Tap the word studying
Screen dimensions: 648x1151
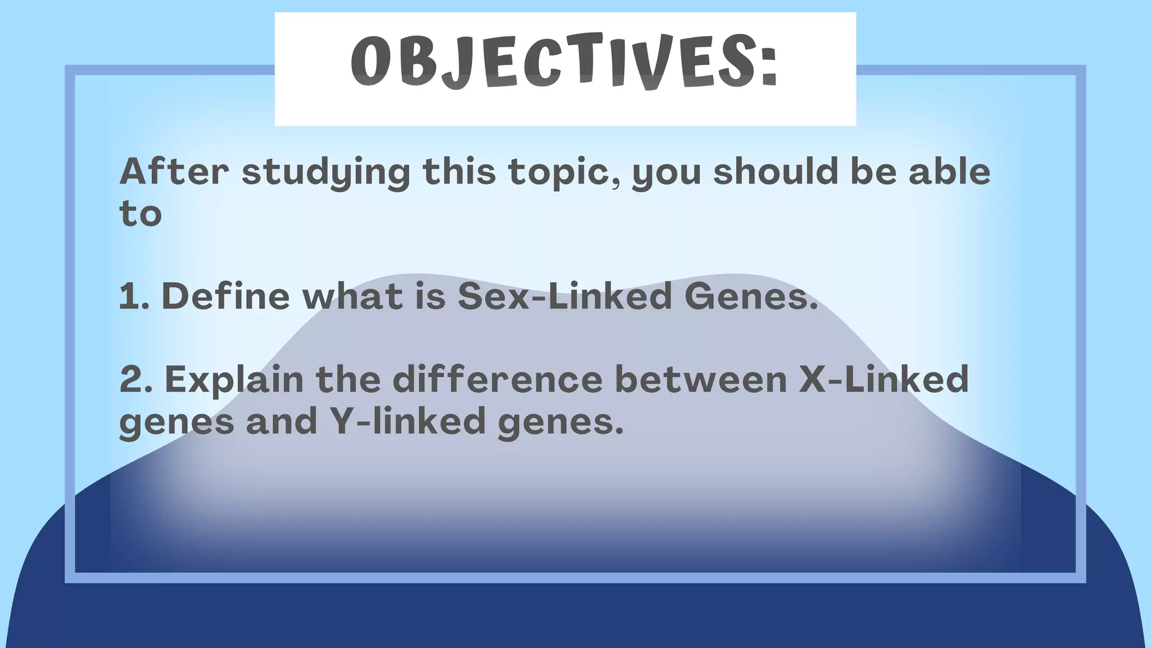(326, 172)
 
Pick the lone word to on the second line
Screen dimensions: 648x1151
(141, 214)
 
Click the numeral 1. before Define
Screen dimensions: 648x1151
(134, 296)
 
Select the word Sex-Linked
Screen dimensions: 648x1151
(565, 296)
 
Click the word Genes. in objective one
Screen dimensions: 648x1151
(751, 296)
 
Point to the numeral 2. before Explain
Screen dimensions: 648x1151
(136, 380)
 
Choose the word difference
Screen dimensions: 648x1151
(497, 380)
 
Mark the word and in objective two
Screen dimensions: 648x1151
(282, 421)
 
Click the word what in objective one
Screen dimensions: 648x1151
(353, 296)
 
